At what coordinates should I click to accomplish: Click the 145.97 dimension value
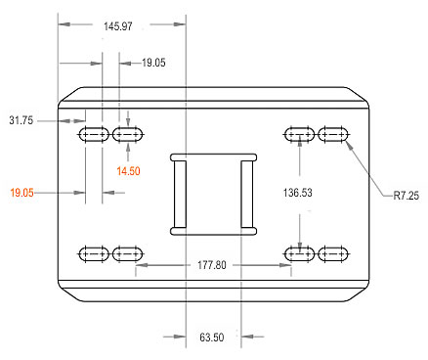tap(118, 26)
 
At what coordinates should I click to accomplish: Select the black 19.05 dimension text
tap(153, 63)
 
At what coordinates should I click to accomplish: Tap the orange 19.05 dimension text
tap(21, 193)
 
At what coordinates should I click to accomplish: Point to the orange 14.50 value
tap(128, 171)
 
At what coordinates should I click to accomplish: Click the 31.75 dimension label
tap(21, 120)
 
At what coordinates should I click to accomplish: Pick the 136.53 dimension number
tap(297, 193)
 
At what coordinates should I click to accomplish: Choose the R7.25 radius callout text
tap(407, 196)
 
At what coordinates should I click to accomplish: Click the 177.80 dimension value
tap(212, 265)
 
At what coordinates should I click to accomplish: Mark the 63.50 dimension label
tap(212, 337)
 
